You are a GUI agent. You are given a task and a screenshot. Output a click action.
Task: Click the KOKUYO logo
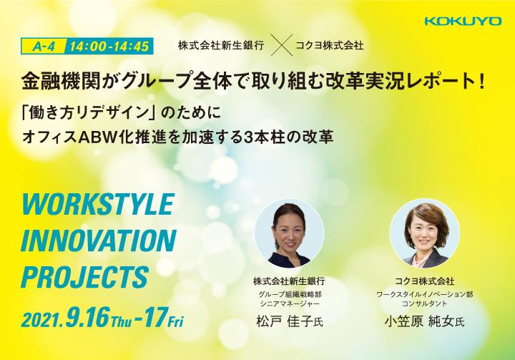pyautogui.click(x=463, y=21)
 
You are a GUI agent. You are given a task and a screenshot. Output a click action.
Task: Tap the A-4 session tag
pyautogui.click(x=44, y=47)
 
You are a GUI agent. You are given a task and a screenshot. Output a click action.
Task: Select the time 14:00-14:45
pyautogui.click(x=109, y=47)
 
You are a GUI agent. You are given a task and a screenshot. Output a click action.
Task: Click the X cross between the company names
pyautogui.click(x=283, y=45)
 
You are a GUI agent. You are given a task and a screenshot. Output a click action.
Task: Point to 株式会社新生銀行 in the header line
pyautogui.click(x=221, y=45)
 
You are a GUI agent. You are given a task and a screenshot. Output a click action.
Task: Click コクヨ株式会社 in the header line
pyautogui.click(x=330, y=45)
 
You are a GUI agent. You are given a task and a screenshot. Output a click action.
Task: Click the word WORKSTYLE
pyautogui.click(x=97, y=205)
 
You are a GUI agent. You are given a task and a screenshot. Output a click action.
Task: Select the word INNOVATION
pyautogui.click(x=99, y=241)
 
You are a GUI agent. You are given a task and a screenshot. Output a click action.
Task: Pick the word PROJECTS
pyautogui.click(x=85, y=277)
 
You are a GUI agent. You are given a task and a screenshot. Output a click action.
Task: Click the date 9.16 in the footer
pyautogui.click(x=87, y=318)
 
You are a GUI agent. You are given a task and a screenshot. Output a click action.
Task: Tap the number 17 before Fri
pyautogui.click(x=154, y=318)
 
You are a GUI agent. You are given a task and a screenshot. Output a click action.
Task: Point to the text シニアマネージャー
pyautogui.click(x=290, y=303)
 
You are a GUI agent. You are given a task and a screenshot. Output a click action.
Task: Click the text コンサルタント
pyautogui.click(x=424, y=303)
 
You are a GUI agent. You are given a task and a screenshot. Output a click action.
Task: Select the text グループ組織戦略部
pyautogui.click(x=290, y=294)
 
